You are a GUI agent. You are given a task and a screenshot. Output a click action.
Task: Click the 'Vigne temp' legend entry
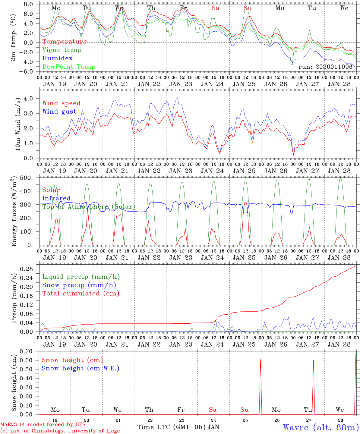click(x=62, y=50)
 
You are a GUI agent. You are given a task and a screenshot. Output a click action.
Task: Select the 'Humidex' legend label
click(x=57, y=58)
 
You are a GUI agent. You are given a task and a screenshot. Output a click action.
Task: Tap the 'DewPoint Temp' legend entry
click(x=69, y=67)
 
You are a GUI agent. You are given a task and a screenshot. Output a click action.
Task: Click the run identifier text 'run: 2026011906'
click(x=325, y=67)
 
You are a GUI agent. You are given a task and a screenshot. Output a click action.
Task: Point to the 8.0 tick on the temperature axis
click(x=28, y=4)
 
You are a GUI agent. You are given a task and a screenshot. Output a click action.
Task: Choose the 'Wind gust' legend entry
click(x=59, y=112)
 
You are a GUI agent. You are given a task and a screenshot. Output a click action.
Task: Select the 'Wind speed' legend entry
click(x=62, y=103)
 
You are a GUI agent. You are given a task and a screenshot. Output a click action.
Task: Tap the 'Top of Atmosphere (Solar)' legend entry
click(x=89, y=207)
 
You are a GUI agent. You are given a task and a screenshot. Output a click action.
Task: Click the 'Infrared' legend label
click(x=56, y=198)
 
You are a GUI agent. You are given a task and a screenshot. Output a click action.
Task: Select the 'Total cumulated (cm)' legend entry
click(x=81, y=294)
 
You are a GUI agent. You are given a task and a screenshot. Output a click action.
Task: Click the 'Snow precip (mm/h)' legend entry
click(x=79, y=285)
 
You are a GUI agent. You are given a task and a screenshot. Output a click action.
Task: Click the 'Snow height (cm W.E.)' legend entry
click(x=81, y=368)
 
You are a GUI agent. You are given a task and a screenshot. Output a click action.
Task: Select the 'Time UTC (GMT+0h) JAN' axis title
click(x=178, y=427)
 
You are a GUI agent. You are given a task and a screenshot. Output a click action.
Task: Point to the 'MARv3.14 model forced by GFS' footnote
click(x=43, y=425)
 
